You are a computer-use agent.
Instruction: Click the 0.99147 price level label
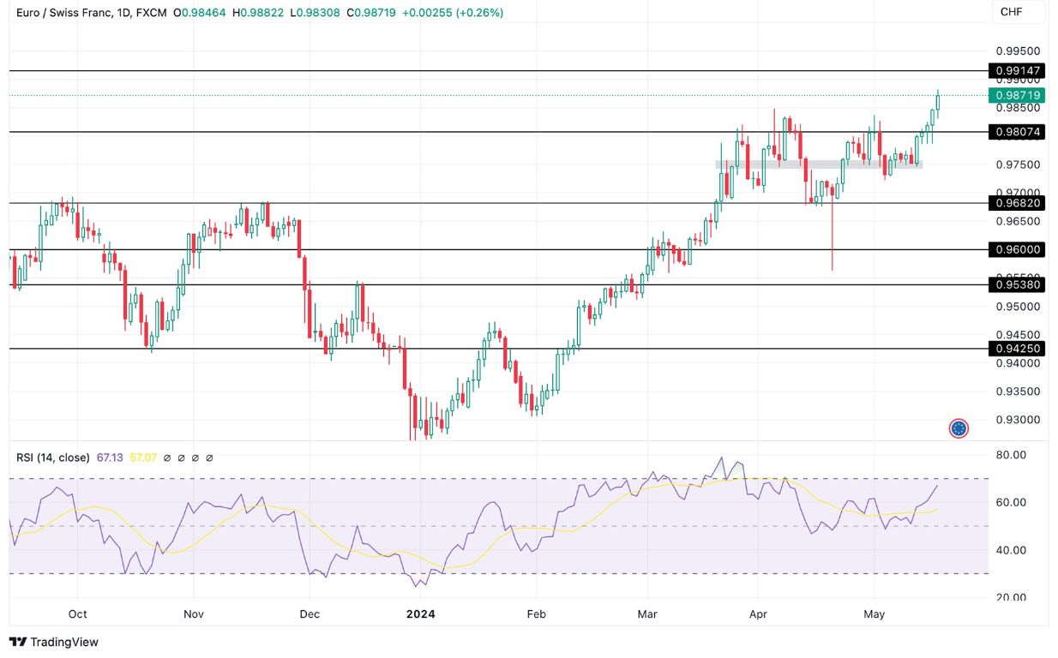click(1017, 71)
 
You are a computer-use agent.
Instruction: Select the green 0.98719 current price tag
click(1017, 95)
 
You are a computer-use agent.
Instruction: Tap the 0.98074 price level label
click(1017, 132)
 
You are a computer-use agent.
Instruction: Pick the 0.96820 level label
click(1017, 203)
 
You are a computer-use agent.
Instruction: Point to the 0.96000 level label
click(1017, 249)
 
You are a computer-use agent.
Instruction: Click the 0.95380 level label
click(1017, 284)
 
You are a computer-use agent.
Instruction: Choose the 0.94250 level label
click(1017, 349)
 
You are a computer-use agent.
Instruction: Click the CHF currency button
click(1012, 12)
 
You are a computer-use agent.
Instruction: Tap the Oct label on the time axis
click(77, 613)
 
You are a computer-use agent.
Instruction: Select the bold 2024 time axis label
click(420, 613)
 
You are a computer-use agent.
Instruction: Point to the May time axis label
click(874, 613)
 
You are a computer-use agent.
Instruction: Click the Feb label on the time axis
click(536, 613)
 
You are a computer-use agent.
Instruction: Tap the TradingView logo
click(54, 642)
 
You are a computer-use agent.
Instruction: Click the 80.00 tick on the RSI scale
click(1012, 454)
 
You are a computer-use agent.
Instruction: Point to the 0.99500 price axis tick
click(1017, 51)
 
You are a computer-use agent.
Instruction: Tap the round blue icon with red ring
click(959, 428)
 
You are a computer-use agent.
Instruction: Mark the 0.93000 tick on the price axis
click(1017, 420)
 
